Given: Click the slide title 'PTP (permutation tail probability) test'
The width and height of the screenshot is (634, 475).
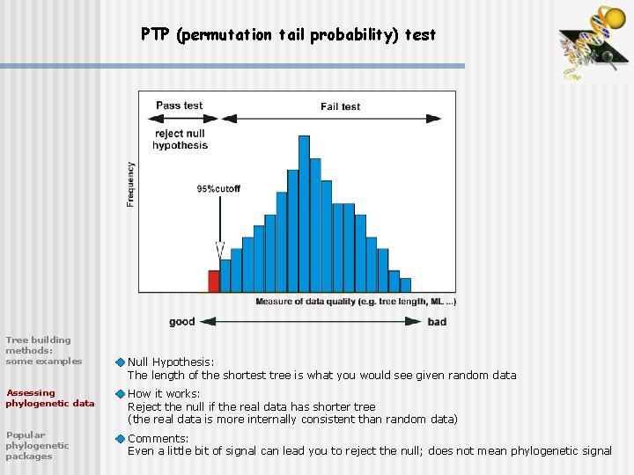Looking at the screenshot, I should click(288, 35).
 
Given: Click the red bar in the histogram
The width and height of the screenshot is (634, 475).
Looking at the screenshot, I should click(213, 281).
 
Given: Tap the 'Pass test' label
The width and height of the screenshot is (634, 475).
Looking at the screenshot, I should click(179, 106).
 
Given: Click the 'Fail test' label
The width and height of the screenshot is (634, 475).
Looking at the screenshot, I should click(340, 106).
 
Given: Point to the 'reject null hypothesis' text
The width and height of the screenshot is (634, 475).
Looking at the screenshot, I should click(180, 139).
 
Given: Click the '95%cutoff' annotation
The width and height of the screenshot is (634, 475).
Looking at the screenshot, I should click(218, 189).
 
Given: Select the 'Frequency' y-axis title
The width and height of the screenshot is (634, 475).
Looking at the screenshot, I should click(131, 184).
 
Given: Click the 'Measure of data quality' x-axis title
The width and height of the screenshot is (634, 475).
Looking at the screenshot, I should click(356, 302).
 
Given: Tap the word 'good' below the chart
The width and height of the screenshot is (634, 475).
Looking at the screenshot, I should click(181, 322).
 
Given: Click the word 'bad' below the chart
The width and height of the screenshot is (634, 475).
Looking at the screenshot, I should click(437, 322).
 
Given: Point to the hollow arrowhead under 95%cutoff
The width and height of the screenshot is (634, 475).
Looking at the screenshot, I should click(220, 250).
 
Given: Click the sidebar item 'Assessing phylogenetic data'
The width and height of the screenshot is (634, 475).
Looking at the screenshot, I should click(49, 398).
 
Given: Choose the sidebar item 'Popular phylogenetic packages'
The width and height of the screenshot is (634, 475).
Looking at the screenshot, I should click(37, 445).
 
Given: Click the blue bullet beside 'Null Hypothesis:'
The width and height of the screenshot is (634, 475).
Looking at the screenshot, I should click(121, 362).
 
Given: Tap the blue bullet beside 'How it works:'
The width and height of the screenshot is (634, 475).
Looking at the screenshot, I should click(121, 394).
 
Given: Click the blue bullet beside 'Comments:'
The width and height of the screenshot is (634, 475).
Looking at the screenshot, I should click(121, 439).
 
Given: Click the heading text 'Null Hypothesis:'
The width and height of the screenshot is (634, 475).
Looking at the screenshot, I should click(171, 362).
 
